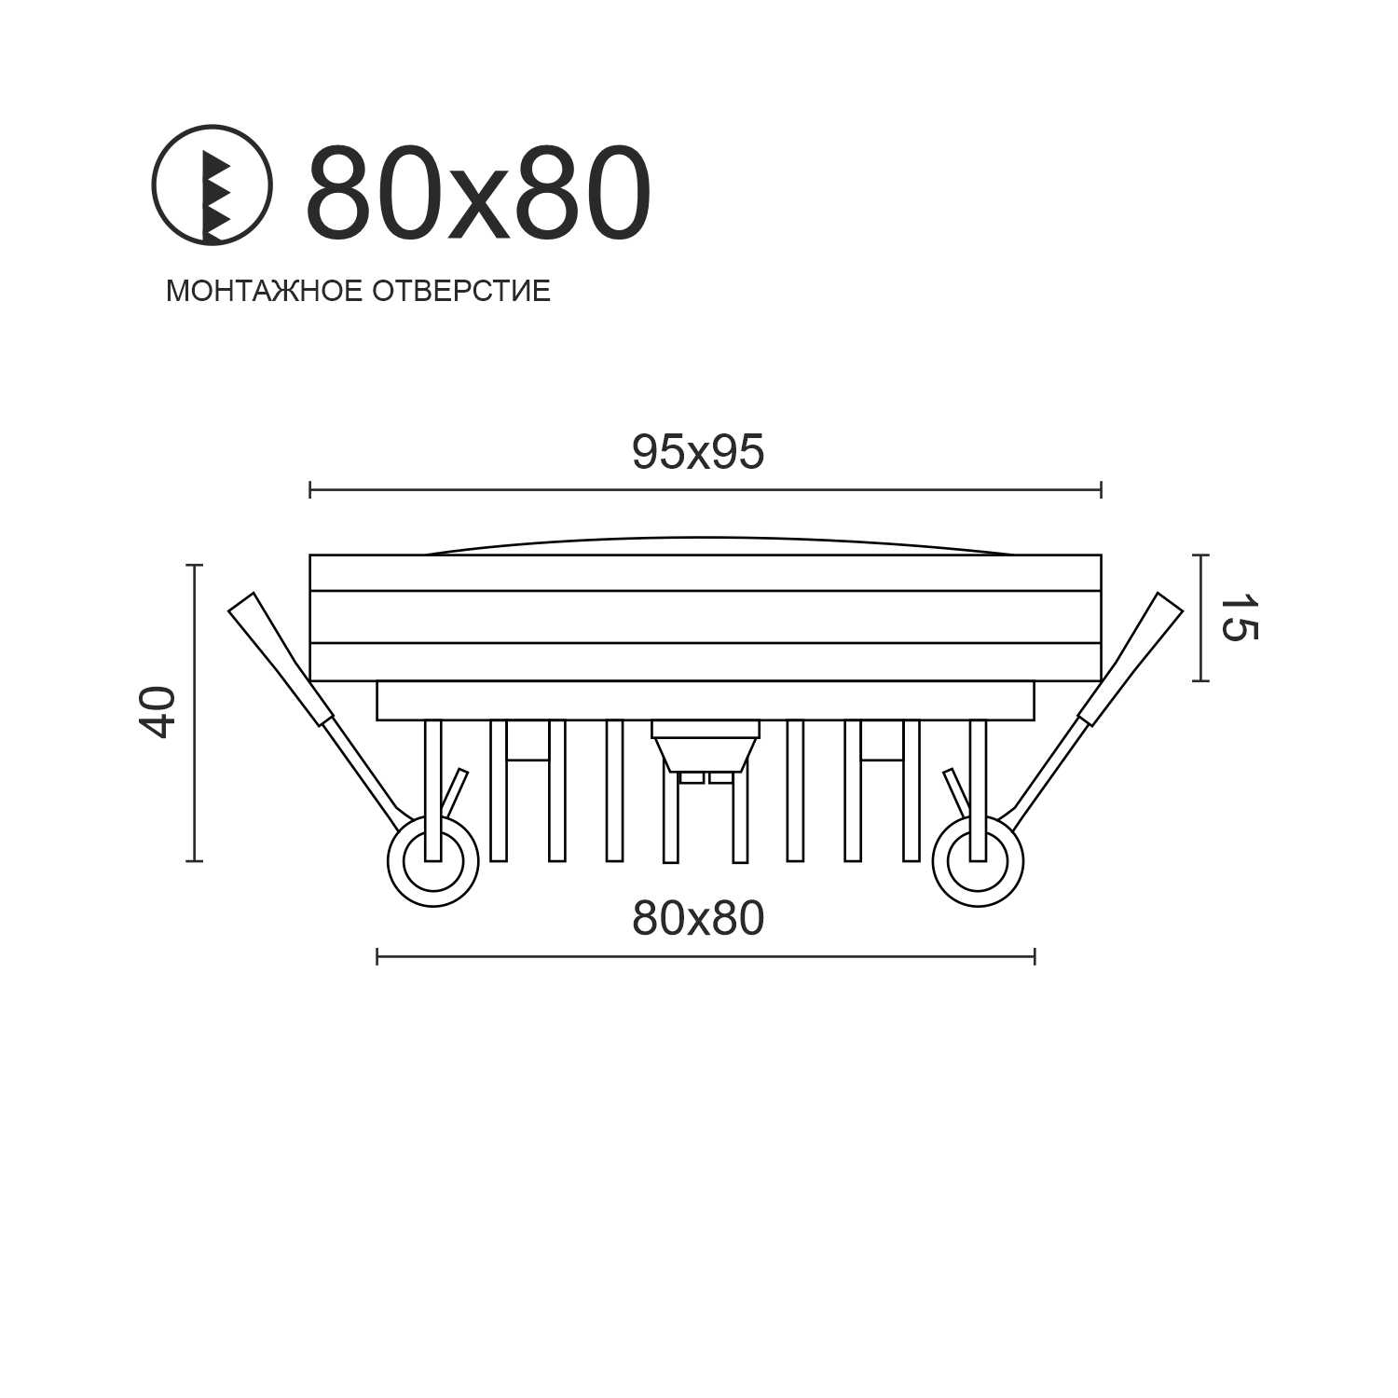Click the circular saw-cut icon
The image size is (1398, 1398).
212,185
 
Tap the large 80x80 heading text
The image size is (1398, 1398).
478,195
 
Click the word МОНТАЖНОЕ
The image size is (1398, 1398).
264,291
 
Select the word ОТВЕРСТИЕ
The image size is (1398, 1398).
461,291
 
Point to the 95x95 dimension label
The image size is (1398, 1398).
698,453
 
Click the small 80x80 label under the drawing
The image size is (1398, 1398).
698,919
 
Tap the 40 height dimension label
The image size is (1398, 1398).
158,712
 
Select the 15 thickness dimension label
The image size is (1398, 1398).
1239,618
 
